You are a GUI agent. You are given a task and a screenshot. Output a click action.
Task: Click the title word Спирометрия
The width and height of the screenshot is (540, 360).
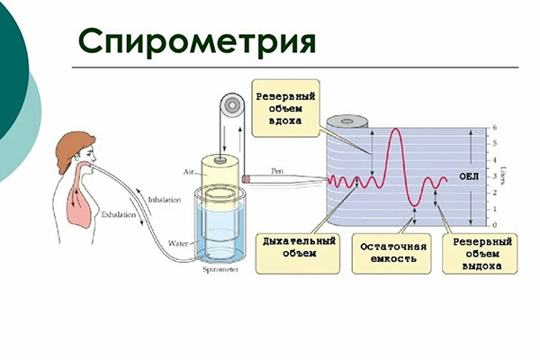[x=196, y=40]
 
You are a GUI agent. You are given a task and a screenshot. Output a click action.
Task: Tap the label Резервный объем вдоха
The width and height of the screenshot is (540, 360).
[x=285, y=108]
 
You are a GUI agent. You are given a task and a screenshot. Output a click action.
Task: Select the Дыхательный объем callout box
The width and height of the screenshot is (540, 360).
[x=300, y=252]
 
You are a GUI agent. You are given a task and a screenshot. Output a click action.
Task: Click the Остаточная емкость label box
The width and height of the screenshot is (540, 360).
[x=392, y=252]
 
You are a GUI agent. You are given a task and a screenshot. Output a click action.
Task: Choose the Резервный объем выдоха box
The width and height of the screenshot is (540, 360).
[x=483, y=252]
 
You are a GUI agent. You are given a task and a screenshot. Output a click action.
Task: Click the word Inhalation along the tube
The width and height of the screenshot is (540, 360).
[x=165, y=200]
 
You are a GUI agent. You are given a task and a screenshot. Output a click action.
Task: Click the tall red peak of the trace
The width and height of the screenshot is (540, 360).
[x=398, y=131]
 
